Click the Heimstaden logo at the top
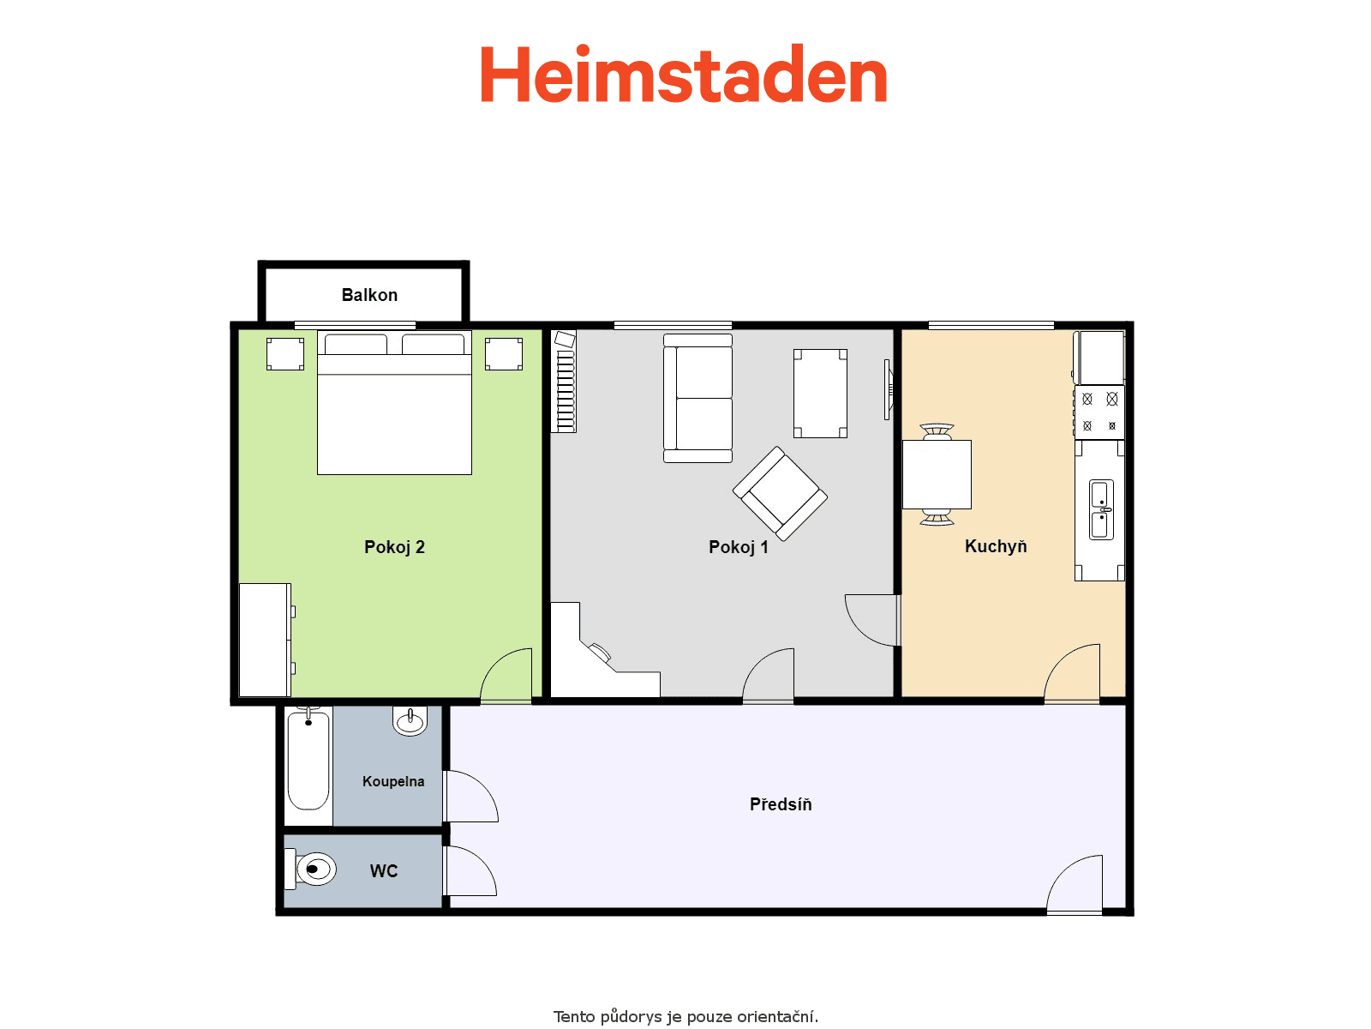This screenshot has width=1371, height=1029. pos(683,74)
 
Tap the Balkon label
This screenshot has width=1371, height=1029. pos(369,295)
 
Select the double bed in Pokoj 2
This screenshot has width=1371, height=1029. pos(394,402)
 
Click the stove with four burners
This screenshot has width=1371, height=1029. pos(1099,412)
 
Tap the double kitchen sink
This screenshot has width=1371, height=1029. pos(1101,509)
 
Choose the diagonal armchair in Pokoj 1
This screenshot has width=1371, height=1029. pos(780,494)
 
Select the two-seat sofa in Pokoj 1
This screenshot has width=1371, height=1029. pos(697,398)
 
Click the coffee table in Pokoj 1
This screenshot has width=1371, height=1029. pos(820,393)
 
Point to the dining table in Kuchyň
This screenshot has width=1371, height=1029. pos(937,474)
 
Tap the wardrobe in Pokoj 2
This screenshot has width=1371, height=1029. pos(266,639)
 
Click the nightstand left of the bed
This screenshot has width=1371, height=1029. pos(284,353)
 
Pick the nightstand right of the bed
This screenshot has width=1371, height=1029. pos(504,353)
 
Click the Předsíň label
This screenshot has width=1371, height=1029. pos(780,804)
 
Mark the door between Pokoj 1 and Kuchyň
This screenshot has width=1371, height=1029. pos(871,620)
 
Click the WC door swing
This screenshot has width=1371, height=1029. pos(470,870)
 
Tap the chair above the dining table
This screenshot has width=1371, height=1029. pos(937,431)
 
